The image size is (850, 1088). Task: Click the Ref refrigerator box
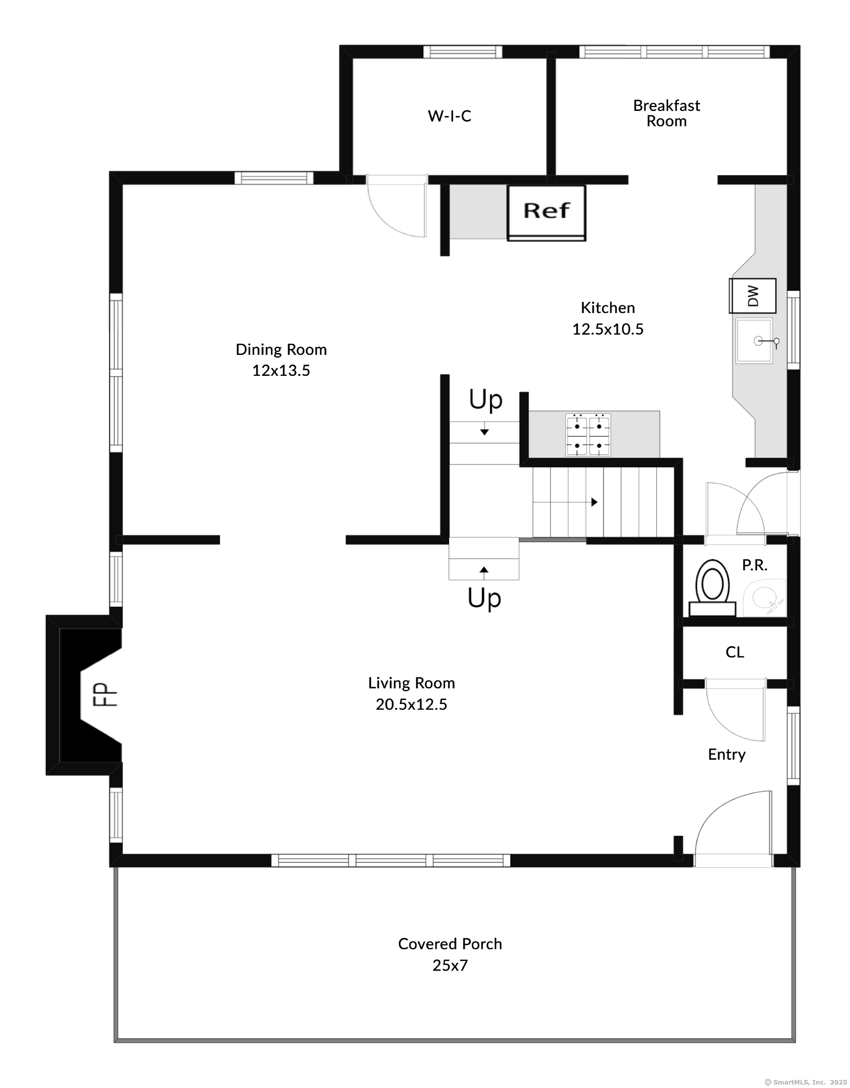(x=546, y=213)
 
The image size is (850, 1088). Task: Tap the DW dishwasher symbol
(x=753, y=295)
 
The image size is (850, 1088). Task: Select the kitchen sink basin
(x=754, y=340)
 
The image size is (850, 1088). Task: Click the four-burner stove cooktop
(x=588, y=435)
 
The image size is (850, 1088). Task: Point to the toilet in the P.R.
(x=712, y=588)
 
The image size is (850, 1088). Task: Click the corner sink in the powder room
(x=765, y=598)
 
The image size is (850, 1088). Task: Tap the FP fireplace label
(x=104, y=694)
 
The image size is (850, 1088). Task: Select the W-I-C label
(x=450, y=116)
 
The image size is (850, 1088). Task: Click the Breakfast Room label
(x=667, y=113)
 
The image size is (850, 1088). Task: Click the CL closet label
(x=734, y=652)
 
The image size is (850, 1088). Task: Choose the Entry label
(x=726, y=754)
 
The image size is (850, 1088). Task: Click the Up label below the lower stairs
(x=485, y=598)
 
